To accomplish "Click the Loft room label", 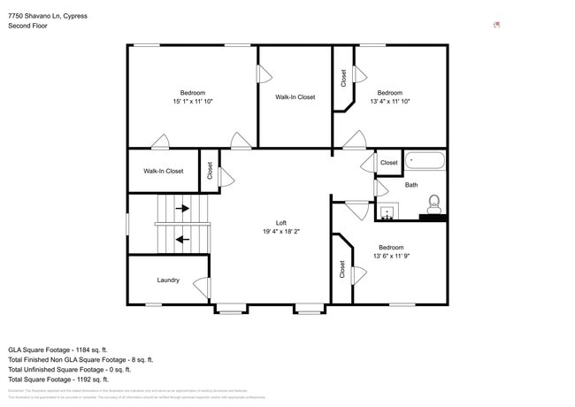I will [281, 223].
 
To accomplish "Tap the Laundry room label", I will [168, 280].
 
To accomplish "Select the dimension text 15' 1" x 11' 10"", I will [192, 102].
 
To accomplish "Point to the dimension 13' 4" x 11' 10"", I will [389, 102].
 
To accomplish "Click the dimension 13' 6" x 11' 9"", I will [390, 257].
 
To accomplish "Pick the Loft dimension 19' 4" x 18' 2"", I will [281, 232].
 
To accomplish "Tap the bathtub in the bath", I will [425, 162].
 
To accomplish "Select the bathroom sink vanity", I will [387, 211].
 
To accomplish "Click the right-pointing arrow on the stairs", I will [181, 209].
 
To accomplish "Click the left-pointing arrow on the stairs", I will [181, 238].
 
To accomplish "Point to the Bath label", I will [411, 185].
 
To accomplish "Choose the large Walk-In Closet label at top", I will [295, 97].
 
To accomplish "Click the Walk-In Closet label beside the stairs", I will [164, 171].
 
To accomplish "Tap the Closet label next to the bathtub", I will [389, 163].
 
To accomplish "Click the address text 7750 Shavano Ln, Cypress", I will [48, 16].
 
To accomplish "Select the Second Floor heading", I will [27, 26].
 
